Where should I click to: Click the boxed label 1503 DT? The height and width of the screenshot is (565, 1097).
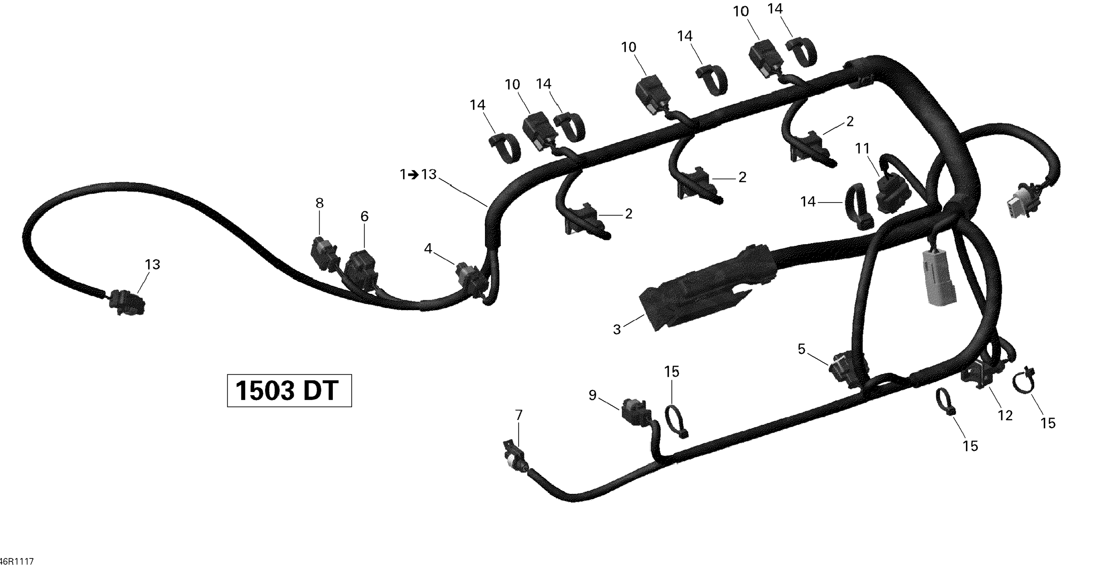289,390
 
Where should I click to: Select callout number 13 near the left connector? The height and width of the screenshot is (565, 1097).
152,264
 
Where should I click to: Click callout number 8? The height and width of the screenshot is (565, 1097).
320,203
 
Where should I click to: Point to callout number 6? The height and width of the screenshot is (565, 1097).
365,217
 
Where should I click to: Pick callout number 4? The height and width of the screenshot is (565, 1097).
428,248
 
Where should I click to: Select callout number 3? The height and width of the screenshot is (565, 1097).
617,329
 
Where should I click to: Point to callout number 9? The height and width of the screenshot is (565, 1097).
592,395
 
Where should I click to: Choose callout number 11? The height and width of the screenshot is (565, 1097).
863,149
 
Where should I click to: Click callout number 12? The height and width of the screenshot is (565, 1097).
1005,415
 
